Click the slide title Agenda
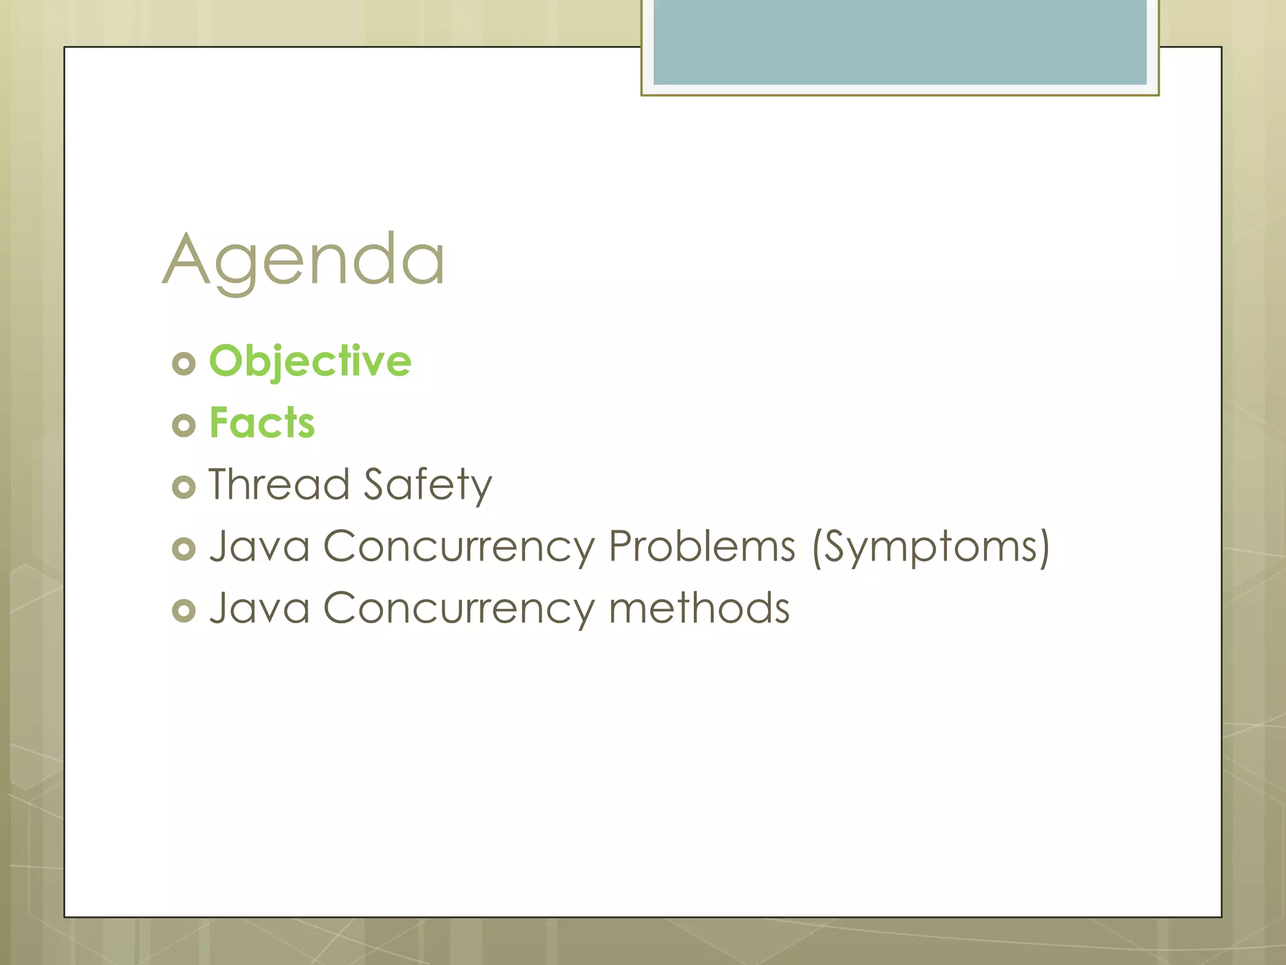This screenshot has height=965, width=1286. [304, 260]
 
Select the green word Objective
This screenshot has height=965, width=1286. [310, 362]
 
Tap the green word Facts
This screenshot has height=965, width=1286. [262, 423]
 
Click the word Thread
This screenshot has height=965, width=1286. [279, 484]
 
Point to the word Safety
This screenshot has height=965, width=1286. [428, 485]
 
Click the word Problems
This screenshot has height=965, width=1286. [702, 546]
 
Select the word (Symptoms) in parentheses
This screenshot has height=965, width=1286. [931, 547]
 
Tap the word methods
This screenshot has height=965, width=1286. [699, 608]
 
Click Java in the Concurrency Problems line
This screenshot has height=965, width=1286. [259, 546]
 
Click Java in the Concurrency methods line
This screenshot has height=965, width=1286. [259, 608]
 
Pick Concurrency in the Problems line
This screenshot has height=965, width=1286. [458, 547]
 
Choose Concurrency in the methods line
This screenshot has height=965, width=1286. [458, 609]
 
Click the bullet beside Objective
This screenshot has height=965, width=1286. [183, 364]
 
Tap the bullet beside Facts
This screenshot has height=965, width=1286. [183, 425]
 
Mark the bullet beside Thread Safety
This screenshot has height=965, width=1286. [183, 487]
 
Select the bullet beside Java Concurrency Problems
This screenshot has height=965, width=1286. [183, 548]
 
